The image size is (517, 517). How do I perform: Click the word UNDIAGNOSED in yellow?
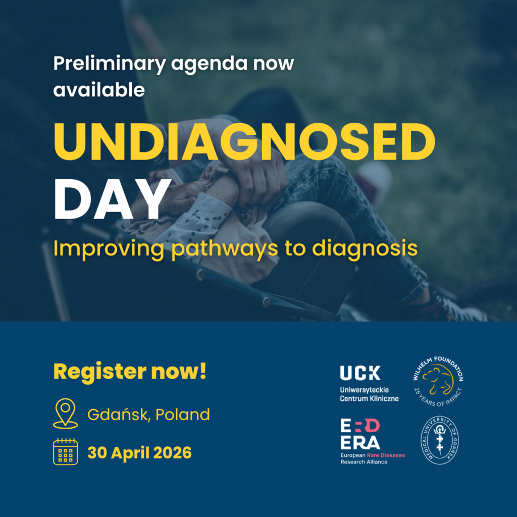(x=244, y=142)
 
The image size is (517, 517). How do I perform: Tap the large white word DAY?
(x=113, y=199)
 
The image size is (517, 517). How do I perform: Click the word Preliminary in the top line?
(x=109, y=64)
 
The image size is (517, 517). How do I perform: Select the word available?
(x=99, y=90)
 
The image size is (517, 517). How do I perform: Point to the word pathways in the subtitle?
(x=225, y=249)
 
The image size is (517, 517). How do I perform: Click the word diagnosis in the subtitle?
(x=365, y=249)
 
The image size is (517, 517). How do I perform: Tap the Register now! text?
(x=130, y=372)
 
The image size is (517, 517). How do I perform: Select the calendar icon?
(x=65, y=451)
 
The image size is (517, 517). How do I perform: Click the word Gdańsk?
(x=118, y=415)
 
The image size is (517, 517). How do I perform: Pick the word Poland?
(x=182, y=415)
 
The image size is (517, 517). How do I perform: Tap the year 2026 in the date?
(x=172, y=453)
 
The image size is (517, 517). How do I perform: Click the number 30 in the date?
(x=97, y=453)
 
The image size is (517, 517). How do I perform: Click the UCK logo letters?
(x=360, y=373)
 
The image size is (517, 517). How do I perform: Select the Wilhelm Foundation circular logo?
(x=438, y=381)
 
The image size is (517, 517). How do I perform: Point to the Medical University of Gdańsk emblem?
(x=440, y=440)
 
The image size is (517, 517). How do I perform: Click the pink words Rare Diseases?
(x=386, y=455)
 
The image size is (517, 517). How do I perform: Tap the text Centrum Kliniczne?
(x=369, y=399)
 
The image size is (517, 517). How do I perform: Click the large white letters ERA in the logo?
(x=360, y=443)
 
